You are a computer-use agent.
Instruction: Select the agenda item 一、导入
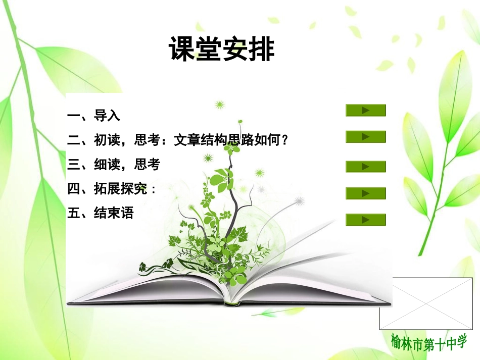tap(93, 116)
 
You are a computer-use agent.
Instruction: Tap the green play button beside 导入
tap(365, 110)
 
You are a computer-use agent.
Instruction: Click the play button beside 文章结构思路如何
tap(365, 136)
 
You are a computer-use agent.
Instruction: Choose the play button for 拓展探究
tap(365, 193)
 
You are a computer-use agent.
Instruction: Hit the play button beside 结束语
tap(365, 219)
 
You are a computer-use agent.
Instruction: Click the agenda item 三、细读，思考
tap(113, 165)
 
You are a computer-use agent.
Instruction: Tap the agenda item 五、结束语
tap(100, 213)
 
